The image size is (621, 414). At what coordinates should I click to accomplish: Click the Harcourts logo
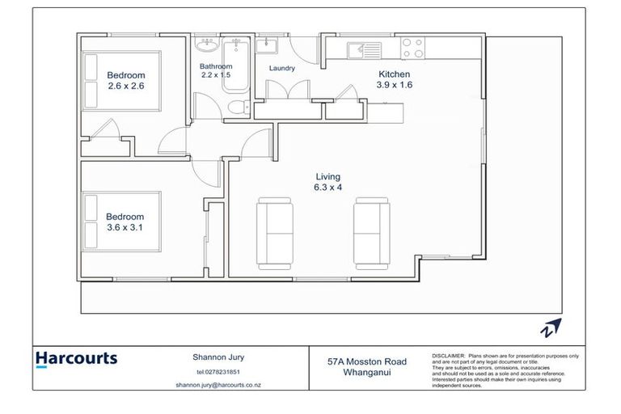(77, 359)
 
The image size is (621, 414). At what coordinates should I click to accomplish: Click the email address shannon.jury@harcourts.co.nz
(220, 385)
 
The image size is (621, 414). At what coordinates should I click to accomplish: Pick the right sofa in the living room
(372, 233)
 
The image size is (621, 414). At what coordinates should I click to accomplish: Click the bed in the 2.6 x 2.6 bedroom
(120, 80)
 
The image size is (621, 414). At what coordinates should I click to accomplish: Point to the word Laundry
(281, 69)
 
